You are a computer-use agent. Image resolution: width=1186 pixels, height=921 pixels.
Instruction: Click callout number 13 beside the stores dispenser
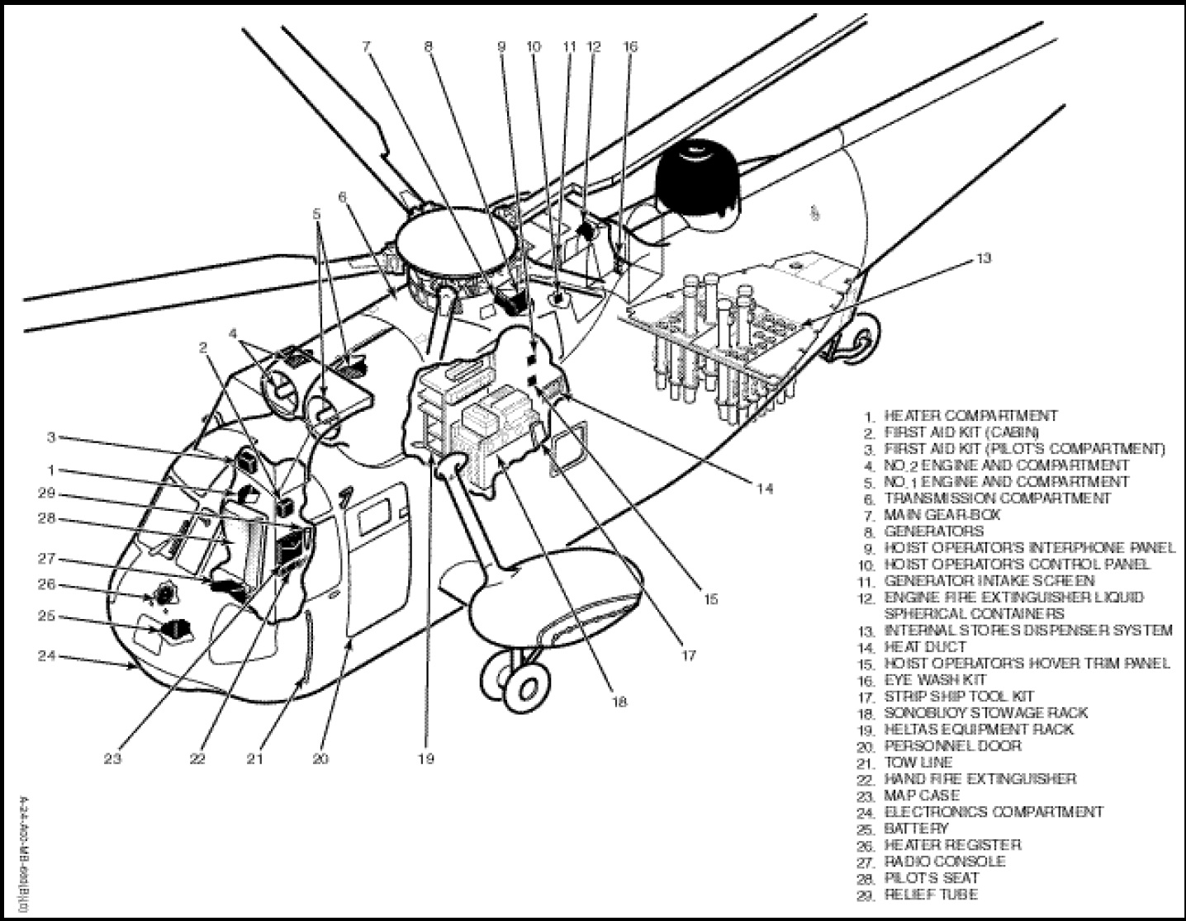[983, 258]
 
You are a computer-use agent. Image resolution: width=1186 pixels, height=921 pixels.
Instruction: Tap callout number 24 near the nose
[46, 656]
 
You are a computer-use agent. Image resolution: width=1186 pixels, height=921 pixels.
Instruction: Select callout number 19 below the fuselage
[425, 758]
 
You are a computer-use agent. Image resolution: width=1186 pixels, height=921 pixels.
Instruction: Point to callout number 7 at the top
[367, 47]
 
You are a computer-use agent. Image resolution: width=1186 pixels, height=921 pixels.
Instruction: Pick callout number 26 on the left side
[46, 585]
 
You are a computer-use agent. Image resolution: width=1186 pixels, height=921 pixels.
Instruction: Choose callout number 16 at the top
[631, 47]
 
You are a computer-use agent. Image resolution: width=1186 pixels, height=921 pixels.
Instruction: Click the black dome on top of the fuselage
[700, 179]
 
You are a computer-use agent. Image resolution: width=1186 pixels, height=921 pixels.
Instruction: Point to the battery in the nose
[174, 630]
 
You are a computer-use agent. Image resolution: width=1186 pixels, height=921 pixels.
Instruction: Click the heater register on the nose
[165, 594]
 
